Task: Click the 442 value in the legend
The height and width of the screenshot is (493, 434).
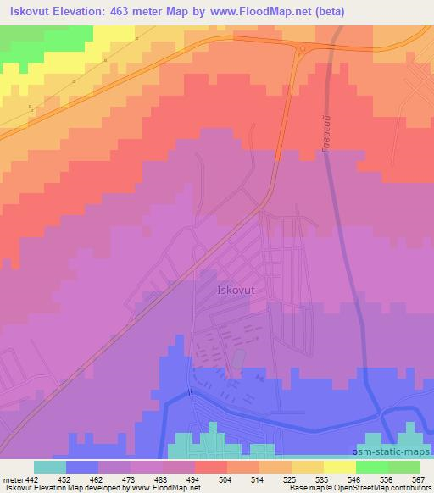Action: (31, 479)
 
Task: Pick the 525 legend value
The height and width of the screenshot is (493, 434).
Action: (290, 479)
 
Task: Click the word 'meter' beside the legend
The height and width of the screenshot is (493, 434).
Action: (11, 479)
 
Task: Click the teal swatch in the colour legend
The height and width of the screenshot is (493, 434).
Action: (50, 467)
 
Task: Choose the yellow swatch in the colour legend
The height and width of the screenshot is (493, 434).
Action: (339, 467)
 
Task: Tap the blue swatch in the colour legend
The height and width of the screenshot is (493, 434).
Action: (82, 467)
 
